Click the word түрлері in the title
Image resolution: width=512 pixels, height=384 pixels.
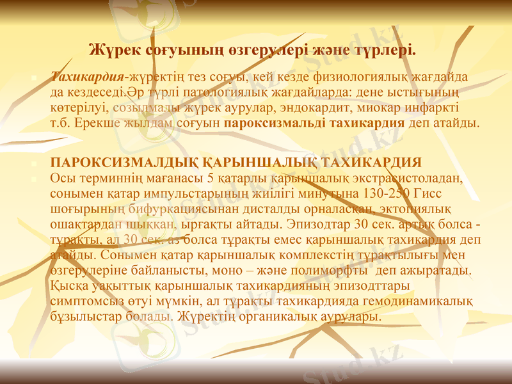click(x=387, y=49)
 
